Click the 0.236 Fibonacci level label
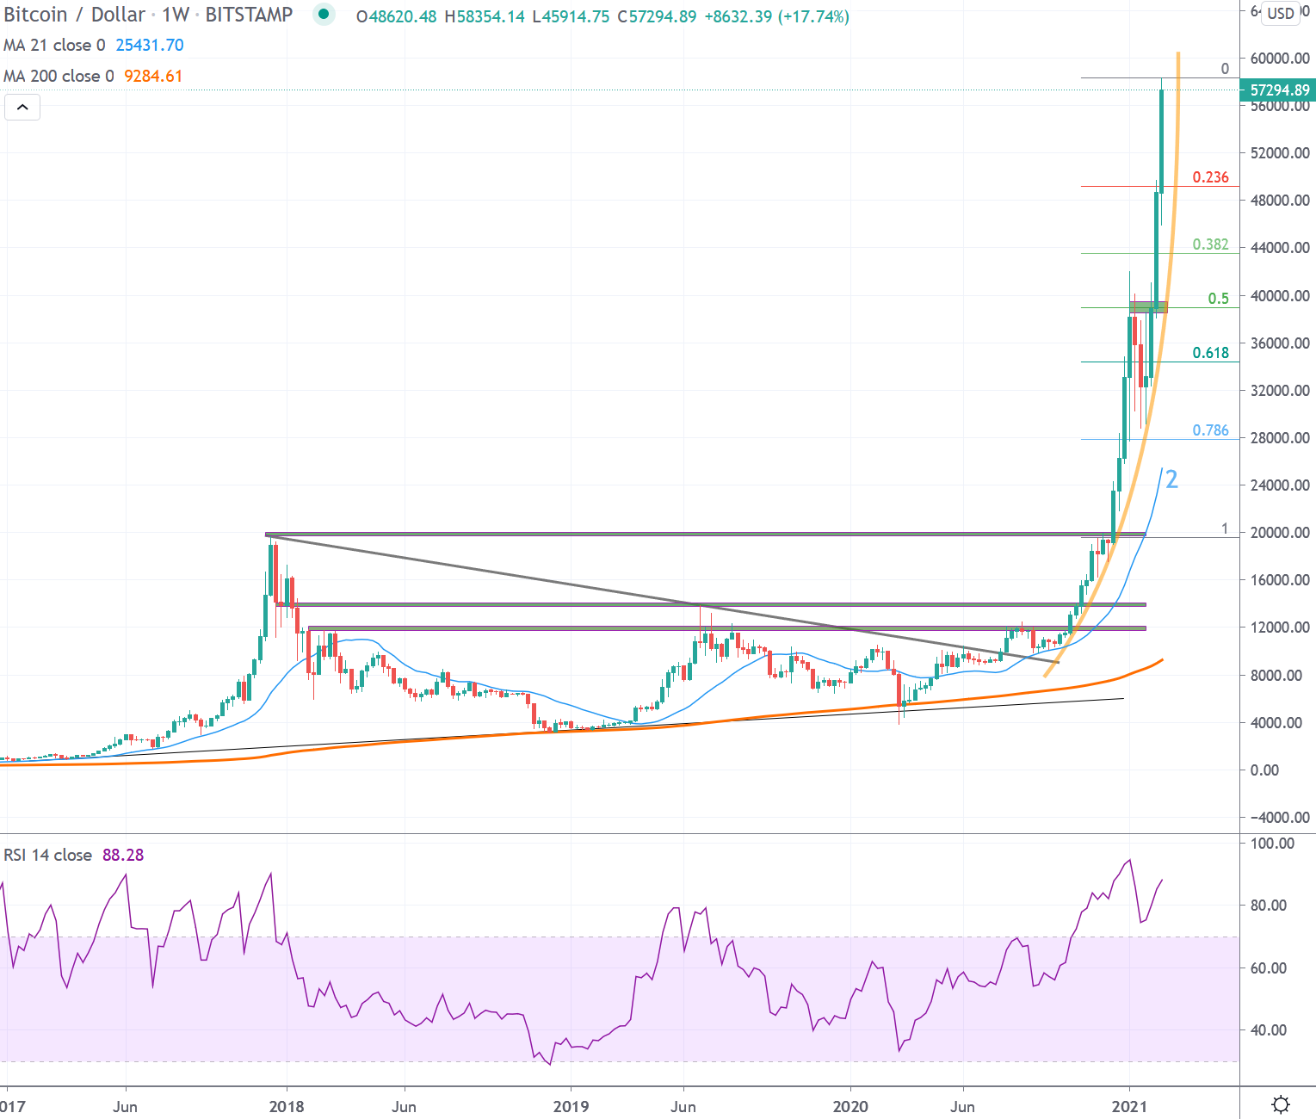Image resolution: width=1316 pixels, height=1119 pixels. tap(1210, 177)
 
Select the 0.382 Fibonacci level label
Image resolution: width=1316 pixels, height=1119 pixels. tap(1210, 244)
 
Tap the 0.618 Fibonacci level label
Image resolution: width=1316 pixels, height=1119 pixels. tap(1210, 353)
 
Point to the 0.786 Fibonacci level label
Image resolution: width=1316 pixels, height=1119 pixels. tap(1210, 430)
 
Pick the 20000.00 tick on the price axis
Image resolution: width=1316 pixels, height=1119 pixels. tap(1280, 533)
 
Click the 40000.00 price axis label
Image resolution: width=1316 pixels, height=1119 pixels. tap(1280, 296)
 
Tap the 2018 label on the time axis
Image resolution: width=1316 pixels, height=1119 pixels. tap(287, 1106)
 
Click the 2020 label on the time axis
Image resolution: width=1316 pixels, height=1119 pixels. tap(850, 1106)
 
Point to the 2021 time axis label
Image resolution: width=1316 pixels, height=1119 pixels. tap(1129, 1106)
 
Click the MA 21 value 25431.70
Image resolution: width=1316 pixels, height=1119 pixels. tap(150, 46)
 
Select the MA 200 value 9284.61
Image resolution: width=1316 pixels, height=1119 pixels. tap(153, 77)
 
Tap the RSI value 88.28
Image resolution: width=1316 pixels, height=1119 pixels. tap(123, 855)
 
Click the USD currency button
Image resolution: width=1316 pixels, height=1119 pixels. tap(1280, 13)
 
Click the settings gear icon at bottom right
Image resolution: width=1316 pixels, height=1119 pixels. tap(1280, 1104)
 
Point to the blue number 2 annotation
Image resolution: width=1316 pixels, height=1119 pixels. tap(1171, 479)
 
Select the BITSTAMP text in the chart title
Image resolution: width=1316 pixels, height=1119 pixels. tap(249, 15)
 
